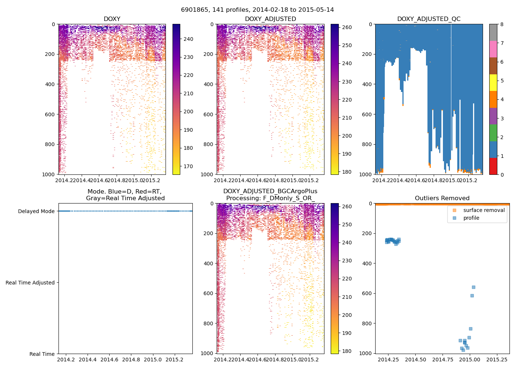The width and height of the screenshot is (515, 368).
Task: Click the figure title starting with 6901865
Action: [x=257, y=10]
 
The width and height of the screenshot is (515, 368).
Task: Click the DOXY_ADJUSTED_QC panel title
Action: [x=429, y=19]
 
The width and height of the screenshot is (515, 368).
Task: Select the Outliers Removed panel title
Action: [x=442, y=198]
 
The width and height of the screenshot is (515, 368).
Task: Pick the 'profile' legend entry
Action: [x=471, y=218]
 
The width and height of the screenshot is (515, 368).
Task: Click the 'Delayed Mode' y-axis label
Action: [x=36, y=211]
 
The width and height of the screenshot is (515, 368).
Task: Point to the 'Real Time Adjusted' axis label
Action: [x=30, y=283]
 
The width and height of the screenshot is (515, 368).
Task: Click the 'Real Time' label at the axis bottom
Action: [x=42, y=354]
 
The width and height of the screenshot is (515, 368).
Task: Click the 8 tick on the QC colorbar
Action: [x=502, y=24]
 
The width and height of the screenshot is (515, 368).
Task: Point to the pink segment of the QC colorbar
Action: [x=493, y=49]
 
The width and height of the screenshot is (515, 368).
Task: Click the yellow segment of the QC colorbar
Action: [x=493, y=82]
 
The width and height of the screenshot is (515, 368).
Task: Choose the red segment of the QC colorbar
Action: [x=493, y=166]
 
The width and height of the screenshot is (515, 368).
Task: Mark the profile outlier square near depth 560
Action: [x=473, y=287]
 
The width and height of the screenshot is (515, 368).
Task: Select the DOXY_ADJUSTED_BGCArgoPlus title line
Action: [x=270, y=191]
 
